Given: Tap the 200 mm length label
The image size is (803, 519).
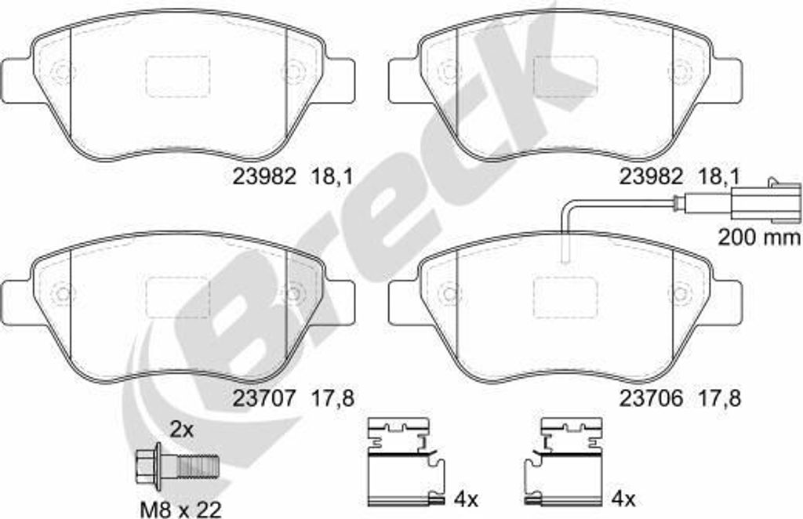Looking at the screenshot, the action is pos(758,237).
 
